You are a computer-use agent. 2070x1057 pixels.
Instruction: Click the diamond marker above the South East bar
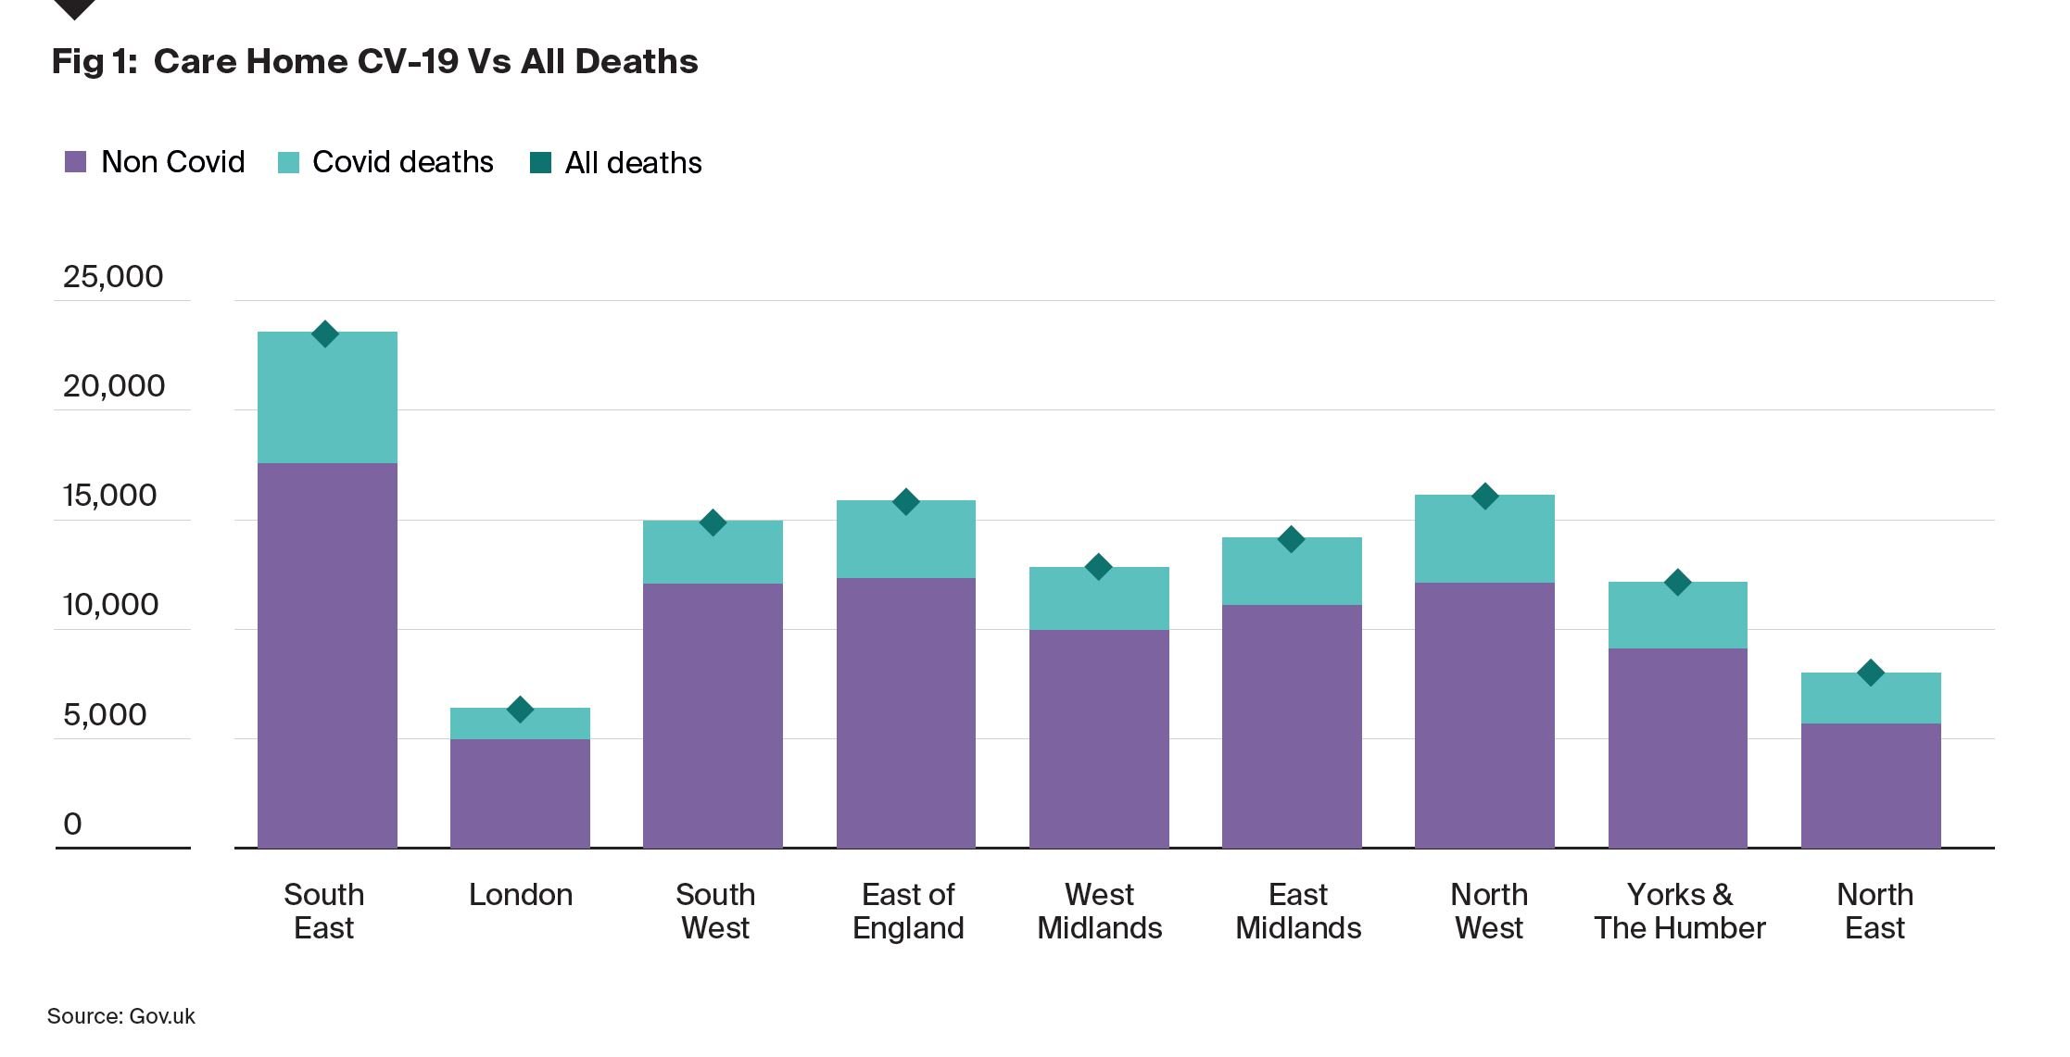[x=324, y=334]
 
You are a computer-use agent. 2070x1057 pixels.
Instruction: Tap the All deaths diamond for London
[x=520, y=710]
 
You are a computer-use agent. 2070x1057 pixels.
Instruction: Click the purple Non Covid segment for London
[x=520, y=793]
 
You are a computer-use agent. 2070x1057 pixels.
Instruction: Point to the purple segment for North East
[x=1871, y=786]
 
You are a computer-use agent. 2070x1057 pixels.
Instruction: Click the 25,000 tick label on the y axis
[x=113, y=277]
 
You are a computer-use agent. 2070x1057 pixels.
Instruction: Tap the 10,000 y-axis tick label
[x=110, y=605]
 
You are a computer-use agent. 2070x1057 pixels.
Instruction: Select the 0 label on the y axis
[x=72, y=824]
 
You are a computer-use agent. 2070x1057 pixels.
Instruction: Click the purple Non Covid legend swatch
[x=76, y=162]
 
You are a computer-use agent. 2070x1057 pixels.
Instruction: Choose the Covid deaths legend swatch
[x=289, y=162]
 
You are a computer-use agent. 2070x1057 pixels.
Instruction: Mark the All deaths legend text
[x=633, y=163]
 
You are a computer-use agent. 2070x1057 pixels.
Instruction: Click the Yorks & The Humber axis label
[x=1679, y=911]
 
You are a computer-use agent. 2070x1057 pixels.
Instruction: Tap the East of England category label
[x=908, y=911]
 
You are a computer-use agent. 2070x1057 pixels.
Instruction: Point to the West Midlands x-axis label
[x=1099, y=911]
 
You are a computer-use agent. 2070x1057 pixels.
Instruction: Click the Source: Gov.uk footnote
[x=121, y=1016]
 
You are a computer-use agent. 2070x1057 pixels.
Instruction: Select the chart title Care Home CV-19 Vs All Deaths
[x=375, y=62]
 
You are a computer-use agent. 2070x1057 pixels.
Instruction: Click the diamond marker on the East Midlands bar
[x=1291, y=539]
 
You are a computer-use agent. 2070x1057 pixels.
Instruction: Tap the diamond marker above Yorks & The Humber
[x=1677, y=583]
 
